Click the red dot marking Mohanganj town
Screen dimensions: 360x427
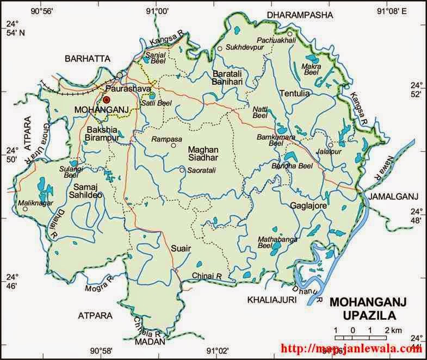pos(107,100)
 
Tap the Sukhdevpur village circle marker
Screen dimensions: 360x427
pos(220,48)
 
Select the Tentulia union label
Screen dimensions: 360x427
pos(294,94)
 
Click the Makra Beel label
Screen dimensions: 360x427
pos(312,69)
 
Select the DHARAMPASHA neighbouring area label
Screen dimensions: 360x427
pos(299,15)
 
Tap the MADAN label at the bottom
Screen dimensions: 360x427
pos(145,340)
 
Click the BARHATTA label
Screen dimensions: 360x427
pos(87,58)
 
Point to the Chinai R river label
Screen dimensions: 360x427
pos(208,276)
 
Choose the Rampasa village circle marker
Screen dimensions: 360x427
pos(174,145)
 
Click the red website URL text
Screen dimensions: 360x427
pos(350,349)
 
